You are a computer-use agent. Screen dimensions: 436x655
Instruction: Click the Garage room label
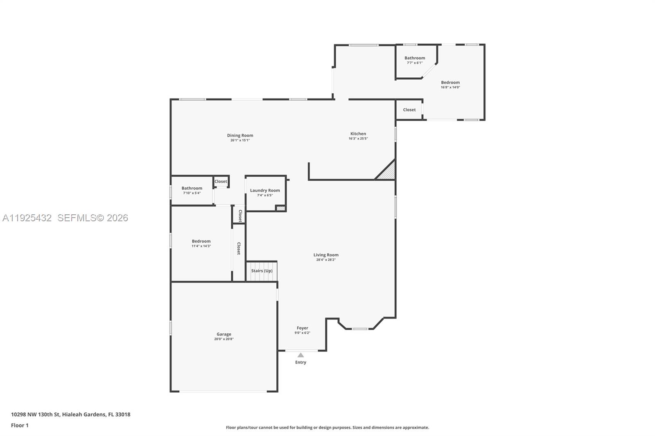click(224, 334)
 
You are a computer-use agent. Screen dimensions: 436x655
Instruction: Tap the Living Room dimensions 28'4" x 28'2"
click(326, 260)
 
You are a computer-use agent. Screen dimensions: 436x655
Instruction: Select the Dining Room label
click(240, 135)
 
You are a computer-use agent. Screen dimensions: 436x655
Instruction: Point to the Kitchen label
click(358, 134)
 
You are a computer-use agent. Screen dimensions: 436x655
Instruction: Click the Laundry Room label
click(265, 190)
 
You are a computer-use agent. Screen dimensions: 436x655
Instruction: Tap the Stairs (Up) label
click(262, 271)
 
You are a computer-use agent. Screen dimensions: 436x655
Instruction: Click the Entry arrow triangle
click(300, 355)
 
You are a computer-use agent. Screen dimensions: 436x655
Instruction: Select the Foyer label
click(302, 328)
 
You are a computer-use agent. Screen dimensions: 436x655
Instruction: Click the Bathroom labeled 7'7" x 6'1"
click(414, 58)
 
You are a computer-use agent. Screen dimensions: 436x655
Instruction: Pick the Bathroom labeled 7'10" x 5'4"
click(192, 188)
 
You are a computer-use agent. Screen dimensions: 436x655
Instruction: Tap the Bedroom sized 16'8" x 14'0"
click(450, 83)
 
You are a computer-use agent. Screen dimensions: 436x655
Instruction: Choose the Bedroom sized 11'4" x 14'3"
click(201, 241)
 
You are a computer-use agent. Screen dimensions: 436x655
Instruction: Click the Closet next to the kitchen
click(409, 110)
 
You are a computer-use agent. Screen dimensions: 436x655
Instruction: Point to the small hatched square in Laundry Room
click(280, 209)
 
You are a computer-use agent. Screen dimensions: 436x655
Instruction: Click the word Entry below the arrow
click(300, 362)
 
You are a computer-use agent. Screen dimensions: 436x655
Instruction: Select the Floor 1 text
click(20, 425)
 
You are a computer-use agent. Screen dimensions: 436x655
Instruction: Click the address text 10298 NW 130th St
click(70, 414)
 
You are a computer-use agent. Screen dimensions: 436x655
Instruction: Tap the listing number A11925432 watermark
click(27, 218)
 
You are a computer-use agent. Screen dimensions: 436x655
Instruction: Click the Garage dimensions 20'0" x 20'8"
click(224, 339)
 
